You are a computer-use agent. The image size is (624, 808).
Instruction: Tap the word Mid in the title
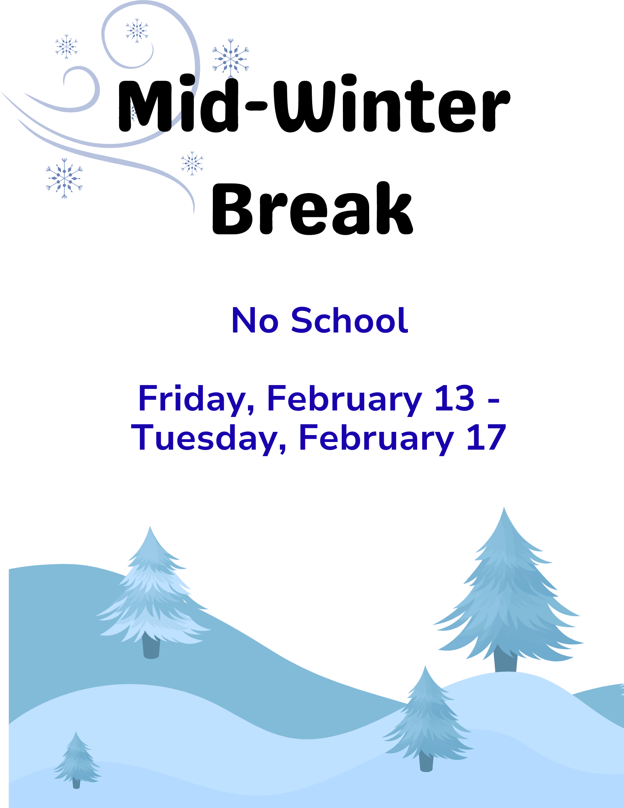(x=178, y=103)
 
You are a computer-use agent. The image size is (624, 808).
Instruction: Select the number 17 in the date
(x=486, y=438)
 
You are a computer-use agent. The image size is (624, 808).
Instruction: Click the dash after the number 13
(x=494, y=402)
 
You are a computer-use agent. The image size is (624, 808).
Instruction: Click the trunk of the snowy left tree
(x=151, y=646)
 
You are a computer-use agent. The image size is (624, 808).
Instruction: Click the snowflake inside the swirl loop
(x=137, y=31)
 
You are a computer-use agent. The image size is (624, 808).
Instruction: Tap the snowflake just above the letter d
(x=231, y=59)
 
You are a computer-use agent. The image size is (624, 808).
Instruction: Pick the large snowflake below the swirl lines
(x=64, y=178)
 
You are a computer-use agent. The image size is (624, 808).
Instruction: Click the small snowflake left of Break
(x=192, y=163)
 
